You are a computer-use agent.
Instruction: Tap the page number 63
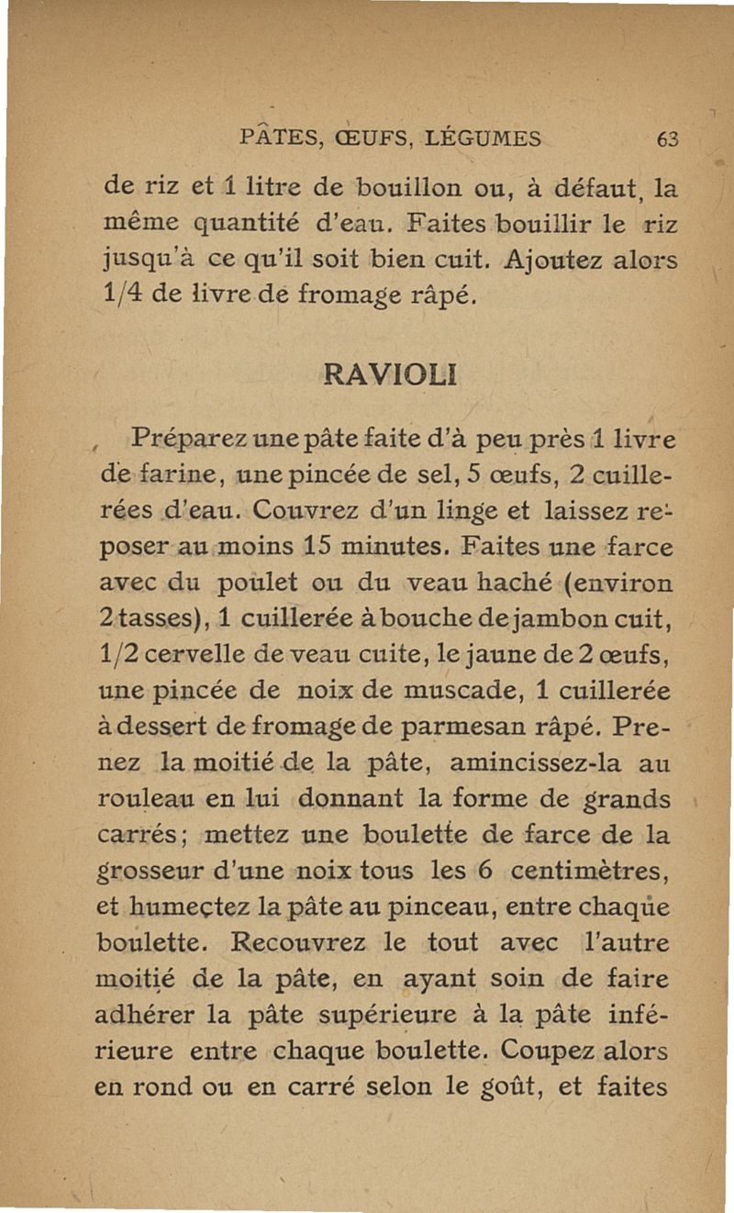tap(667, 139)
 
